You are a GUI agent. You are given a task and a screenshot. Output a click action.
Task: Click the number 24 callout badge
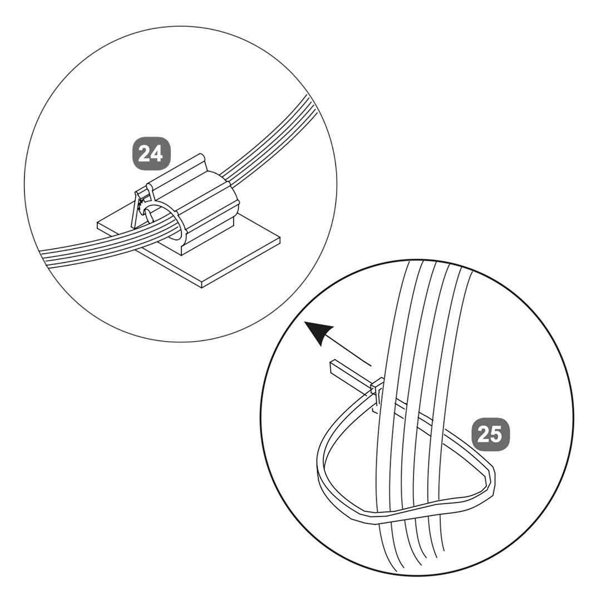151,154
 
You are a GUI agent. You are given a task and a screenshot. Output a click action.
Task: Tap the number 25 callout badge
491,434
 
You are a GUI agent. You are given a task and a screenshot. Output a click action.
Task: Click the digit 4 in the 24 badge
157,154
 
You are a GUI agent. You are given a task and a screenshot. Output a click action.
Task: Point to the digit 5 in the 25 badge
497,434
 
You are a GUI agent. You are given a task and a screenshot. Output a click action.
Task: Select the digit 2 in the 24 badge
145,154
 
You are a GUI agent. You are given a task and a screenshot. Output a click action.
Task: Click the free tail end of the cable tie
333,368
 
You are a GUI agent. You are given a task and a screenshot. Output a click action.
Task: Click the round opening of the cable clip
163,222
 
